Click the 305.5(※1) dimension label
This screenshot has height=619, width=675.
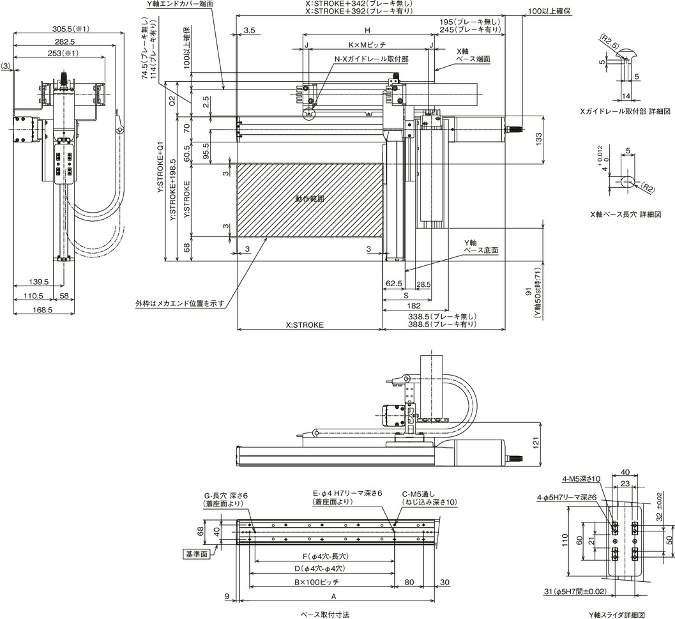[71, 29]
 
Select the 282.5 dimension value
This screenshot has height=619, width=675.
[65, 42]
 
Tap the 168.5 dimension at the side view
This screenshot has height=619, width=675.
[42, 309]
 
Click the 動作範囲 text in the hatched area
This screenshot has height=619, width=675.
[310, 199]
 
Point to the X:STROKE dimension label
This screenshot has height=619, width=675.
[305, 325]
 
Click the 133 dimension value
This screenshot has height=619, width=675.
[538, 139]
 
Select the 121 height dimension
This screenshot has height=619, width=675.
[536, 444]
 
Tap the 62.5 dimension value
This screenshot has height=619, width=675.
[394, 284]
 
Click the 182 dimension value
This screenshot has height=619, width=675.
[413, 306]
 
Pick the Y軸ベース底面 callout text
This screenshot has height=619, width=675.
[481, 247]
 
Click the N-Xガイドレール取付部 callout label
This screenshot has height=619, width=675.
[372, 59]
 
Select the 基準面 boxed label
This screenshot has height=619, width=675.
[197, 554]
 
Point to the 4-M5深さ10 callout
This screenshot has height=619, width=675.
[581, 478]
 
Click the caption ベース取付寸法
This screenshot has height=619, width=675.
[322, 615]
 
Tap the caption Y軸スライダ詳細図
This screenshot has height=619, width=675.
[617, 615]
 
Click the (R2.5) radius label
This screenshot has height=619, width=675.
[609, 42]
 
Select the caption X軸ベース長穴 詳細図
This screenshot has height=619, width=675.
[625, 214]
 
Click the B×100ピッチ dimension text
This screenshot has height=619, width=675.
[317, 582]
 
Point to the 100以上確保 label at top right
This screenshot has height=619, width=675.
[549, 11]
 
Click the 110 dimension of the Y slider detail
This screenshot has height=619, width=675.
[565, 540]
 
